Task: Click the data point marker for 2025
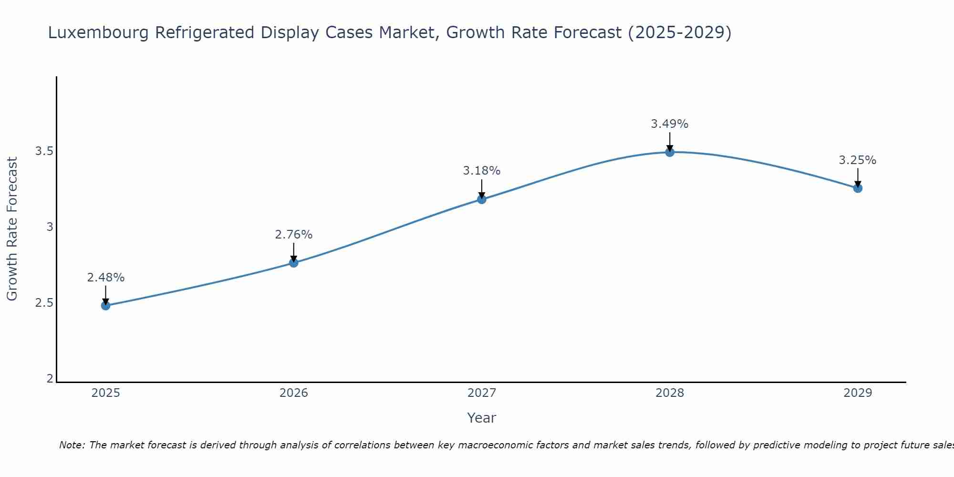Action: [105, 305]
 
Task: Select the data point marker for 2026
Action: [293, 263]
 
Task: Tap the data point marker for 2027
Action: [481, 199]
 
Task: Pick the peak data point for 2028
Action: [669, 152]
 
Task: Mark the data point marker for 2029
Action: [857, 188]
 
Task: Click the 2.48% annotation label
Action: [105, 278]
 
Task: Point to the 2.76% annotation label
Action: [293, 235]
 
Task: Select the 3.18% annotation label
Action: [481, 171]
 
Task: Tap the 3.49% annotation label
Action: [669, 124]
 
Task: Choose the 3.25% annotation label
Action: [857, 160]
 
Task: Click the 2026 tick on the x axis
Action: [293, 393]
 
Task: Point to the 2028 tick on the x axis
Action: [669, 393]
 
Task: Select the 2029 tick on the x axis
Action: [857, 393]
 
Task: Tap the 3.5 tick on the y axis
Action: [44, 151]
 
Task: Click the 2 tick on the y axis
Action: [50, 379]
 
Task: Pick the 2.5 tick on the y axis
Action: [44, 303]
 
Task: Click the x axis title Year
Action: [481, 418]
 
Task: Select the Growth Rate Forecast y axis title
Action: [12, 229]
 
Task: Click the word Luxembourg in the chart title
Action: [98, 32]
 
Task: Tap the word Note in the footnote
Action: [71, 445]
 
